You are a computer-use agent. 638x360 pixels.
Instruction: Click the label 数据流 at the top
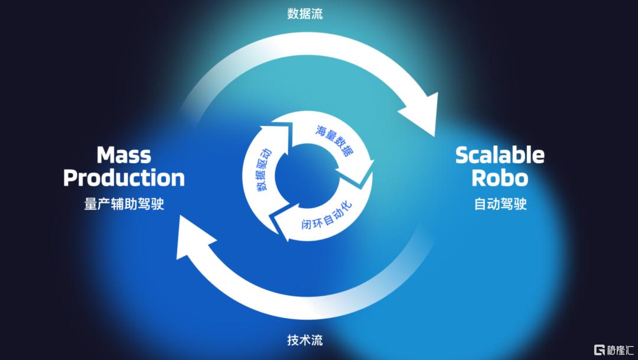pos(305,14)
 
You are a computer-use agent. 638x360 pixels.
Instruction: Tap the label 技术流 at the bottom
pos(305,340)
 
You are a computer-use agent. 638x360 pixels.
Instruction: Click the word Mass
pos(123,155)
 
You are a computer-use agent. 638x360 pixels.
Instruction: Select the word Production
pos(123,178)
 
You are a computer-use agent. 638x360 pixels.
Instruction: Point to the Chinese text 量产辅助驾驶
pos(123,203)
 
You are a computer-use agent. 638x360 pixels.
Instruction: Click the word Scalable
pos(500,155)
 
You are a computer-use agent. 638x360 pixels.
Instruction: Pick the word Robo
pos(500,178)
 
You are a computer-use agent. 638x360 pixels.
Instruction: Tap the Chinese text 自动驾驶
pos(500,203)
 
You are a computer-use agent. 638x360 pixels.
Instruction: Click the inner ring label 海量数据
pos(334,141)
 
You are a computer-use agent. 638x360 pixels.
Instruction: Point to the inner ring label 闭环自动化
pos(327,215)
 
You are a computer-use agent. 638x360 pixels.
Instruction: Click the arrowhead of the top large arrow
pos(421,115)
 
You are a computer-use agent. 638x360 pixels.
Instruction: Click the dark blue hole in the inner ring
pos(307,176)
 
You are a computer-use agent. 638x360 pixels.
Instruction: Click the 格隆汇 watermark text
pos(620,349)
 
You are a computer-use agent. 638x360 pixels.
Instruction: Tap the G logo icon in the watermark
pos(600,349)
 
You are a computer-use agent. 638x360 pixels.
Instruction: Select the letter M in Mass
pos(105,155)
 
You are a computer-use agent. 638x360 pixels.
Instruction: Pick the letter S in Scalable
pos(462,155)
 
